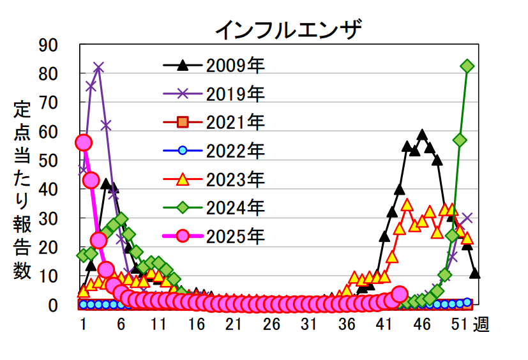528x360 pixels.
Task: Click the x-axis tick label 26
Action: [272, 324]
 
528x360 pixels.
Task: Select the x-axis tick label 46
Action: [423, 324]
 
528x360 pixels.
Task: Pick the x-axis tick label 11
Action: [159, 324]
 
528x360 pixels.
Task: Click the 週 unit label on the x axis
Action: [481, 325]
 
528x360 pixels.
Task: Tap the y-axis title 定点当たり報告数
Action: [22, 190]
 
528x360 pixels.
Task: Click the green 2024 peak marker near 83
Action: [467, 66]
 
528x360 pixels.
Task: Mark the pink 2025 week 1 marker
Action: [84, 142]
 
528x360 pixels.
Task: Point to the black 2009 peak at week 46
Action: [422, 135]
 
